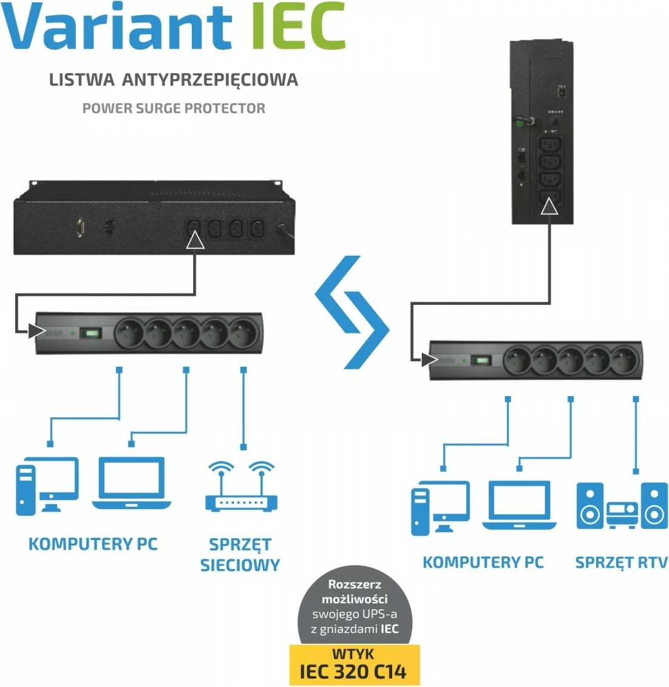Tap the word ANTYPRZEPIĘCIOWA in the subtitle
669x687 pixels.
(210, 80)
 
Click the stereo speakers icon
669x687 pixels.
(621, 506)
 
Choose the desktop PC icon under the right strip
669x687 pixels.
(440, 508)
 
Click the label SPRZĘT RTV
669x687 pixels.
(621, 562)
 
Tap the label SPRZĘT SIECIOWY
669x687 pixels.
(240, 555)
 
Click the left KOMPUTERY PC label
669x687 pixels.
(93, 544)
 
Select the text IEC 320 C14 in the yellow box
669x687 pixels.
(353, 672)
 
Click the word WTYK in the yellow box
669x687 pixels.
(353, 654)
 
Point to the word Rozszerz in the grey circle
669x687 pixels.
(355, 584)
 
